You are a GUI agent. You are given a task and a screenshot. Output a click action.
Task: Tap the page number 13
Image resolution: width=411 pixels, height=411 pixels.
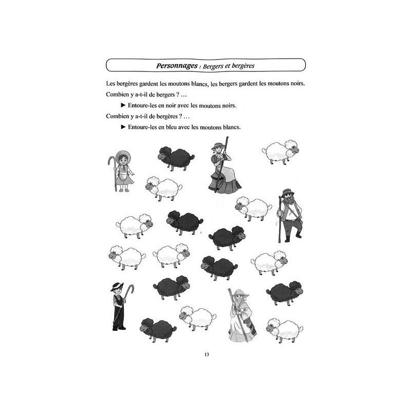coord(207,355)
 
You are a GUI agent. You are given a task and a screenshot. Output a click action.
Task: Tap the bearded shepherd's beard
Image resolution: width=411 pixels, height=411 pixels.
coord(287,202)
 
